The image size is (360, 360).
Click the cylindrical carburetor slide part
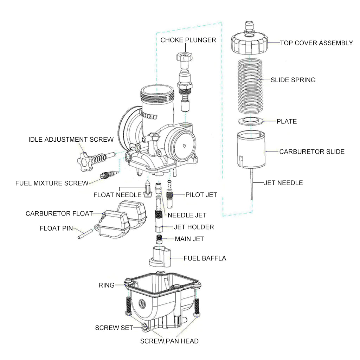(x=250, y=150)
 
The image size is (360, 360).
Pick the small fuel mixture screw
(x=109, y=174)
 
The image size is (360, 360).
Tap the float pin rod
(x=84, y=234)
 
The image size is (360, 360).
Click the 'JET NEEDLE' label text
(x=283, y=183)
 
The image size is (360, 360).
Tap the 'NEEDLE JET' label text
(x=187, y=215)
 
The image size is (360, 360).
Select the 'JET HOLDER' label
(x=194, y=227)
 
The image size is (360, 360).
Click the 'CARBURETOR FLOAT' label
(x=59, y=213)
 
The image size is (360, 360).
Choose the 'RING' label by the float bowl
(x=107, y=285)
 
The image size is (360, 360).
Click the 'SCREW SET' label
(x=114, y=328)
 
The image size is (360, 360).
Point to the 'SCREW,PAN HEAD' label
(x=169, y=341)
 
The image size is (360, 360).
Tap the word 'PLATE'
(x=287, y=121)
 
